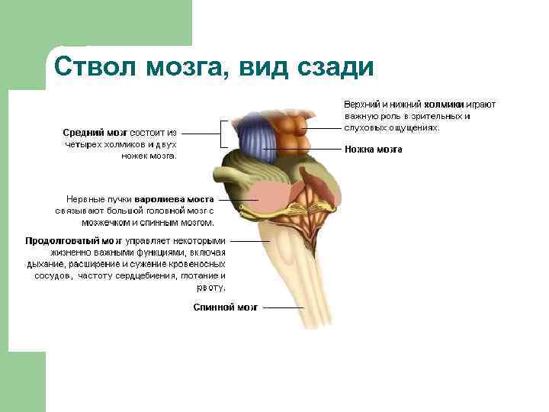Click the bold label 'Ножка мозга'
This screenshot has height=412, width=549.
[x=374, y=150]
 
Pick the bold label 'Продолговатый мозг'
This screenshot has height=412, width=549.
[x=73, y=240]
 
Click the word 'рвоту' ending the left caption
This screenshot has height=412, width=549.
[x=211, y=288]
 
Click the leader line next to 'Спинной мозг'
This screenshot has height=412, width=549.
[x=283, y=307]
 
